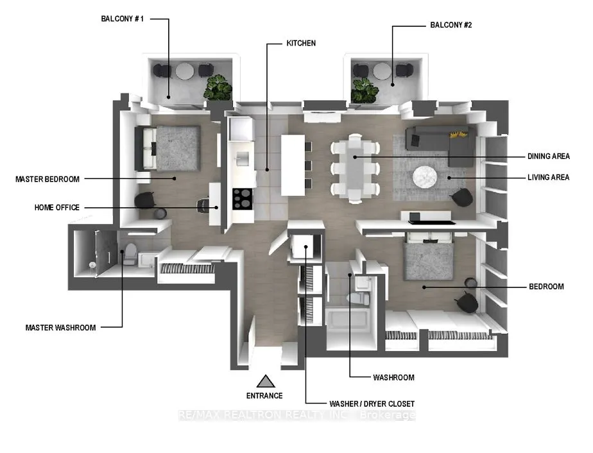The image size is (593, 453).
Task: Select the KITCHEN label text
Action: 301,44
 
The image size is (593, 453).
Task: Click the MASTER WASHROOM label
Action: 60,327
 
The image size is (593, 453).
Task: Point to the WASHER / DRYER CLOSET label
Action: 372,404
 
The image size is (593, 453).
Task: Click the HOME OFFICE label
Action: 57,207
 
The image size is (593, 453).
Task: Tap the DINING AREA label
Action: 548,156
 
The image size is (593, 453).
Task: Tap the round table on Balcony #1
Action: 185,71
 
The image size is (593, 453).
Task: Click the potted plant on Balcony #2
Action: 365,89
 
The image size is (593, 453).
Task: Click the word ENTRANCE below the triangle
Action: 264,396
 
